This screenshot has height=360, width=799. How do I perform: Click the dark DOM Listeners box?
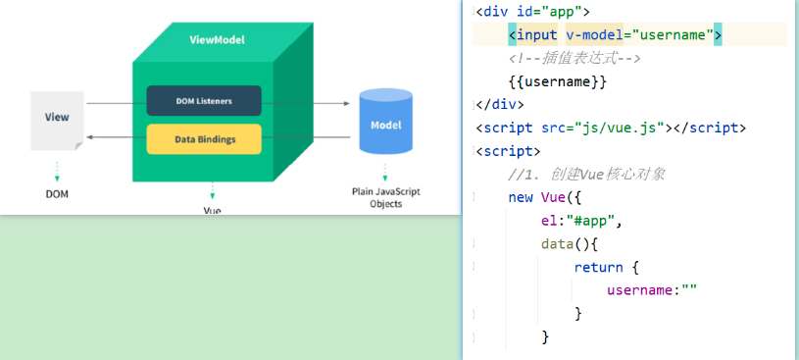pyautogui.click(x=204, y=101)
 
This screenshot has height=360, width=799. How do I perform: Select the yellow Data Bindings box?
pyautogui.click(x=204, y=139)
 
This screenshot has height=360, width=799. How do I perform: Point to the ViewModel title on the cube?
pyautogui.click(x=217, y=40)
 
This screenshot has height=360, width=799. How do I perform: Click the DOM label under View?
pyautogui.click(x=57, y=193)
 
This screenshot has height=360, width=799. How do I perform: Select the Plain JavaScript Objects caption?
pyautogui.click(x=385, y=197)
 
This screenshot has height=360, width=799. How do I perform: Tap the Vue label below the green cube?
pyautogui.click(x=212, y=210)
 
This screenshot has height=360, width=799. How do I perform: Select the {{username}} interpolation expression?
pyautogui.click(x=558, y=81)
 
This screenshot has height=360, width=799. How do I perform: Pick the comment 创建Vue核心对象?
pyautogui.click(x=587, y=174)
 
